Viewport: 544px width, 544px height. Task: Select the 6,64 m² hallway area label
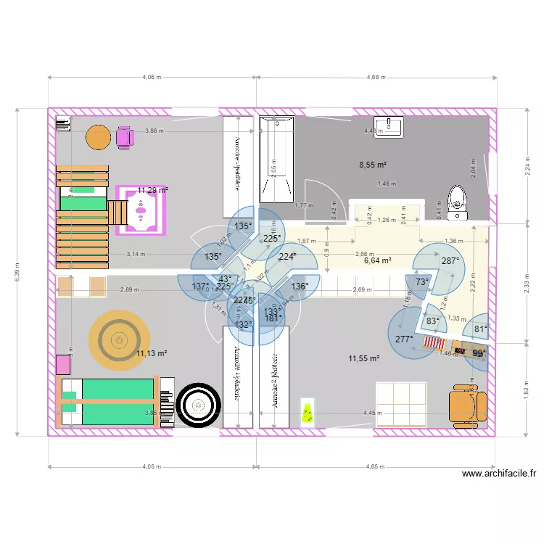[x=377, y=260]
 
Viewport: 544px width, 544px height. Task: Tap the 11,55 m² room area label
[x=364, y=358]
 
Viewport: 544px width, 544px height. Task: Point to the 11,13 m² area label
[x=152, y=353]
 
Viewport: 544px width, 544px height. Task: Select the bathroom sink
[x=388, y=126]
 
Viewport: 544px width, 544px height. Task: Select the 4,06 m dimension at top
[x=152, y=76]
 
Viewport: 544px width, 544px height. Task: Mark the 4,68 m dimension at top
[x=376, y=76]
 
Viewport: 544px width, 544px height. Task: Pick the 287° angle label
[x=450, y=261]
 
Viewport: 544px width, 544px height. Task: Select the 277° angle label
[x=404, y=339]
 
